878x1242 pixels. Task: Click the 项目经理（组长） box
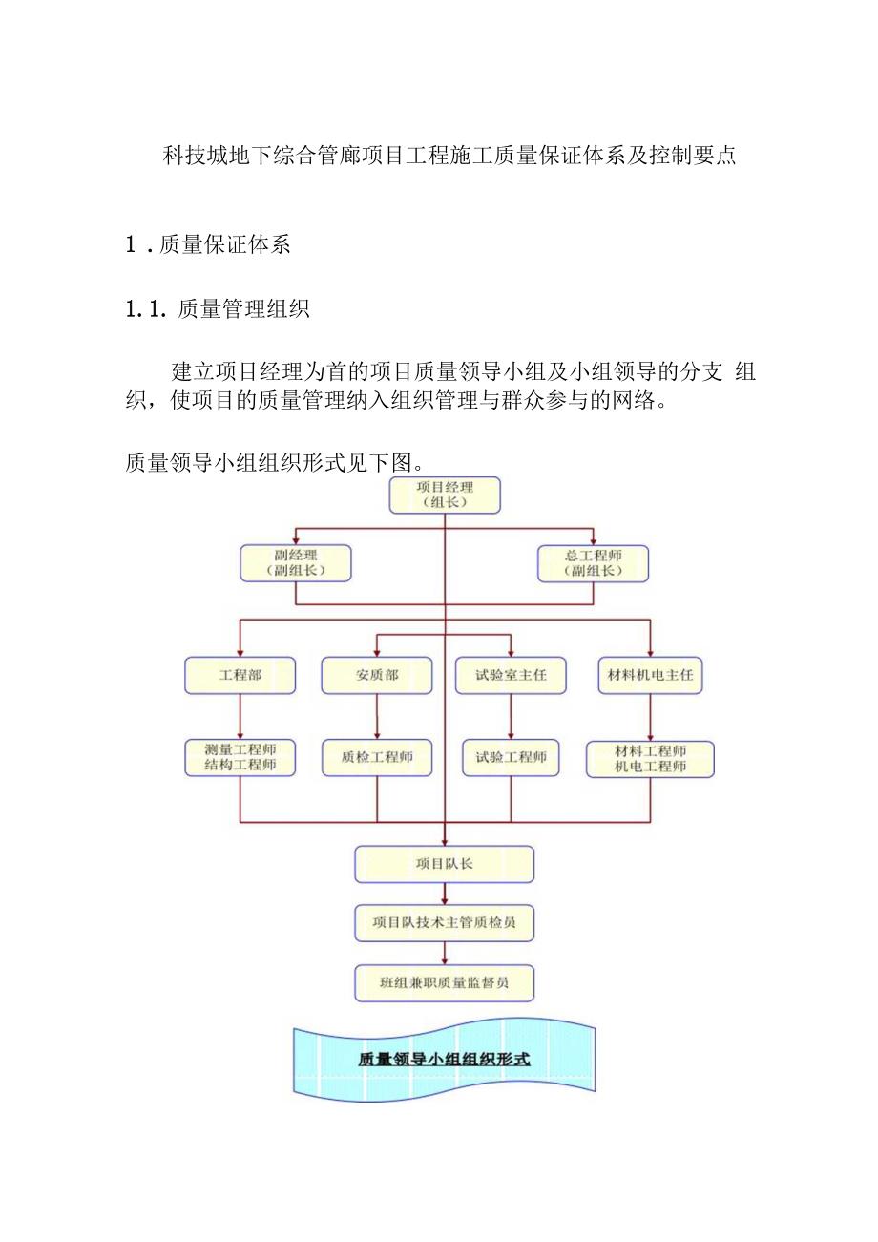(x=445, y=495)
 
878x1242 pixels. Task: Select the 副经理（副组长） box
(x=295, y=563)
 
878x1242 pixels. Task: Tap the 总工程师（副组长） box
(x=593, y=563)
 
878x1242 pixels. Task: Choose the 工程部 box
(x=240, y=675)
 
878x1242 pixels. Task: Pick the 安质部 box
(x=377, y=675)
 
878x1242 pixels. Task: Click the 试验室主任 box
(x=511, y=675)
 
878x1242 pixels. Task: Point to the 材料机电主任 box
(x=650, y=675)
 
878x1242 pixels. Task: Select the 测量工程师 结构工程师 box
(x=240, y=758)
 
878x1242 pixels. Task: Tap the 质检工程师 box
(x=377, y=758)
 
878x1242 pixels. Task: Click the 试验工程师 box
(x=511, y=758)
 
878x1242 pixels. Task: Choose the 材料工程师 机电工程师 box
(x=650, y=758)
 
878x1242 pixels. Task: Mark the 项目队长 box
(x=445, y=864)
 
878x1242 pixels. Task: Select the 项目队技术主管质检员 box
(x=445, y=923)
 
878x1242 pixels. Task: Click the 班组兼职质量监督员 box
(x=445, y=983)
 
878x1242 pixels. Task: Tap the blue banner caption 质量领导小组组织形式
(x=444, y=1060)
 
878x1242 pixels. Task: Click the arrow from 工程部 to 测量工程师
(x=240, y=716)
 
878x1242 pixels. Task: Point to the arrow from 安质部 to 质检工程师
(x=377, y=716)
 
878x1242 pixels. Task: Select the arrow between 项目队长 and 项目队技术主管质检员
(x=445, y=894)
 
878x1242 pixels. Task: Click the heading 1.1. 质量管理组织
(x=218, y=309)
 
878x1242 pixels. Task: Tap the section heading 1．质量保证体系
(x=208, y=244)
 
